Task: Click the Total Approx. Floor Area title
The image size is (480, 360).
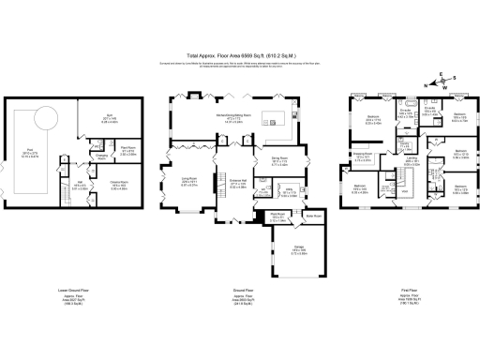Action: tap(239, 54)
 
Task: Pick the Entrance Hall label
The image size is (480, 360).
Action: tap(237, 184)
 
